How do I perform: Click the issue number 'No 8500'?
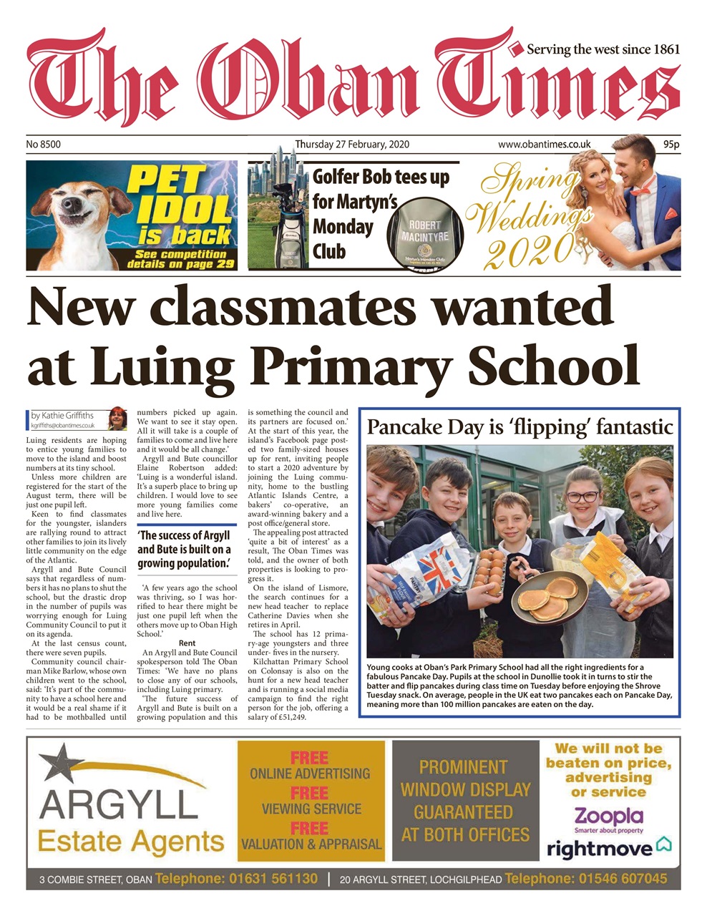pos(44,145)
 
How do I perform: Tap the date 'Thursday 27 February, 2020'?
pos(352,145)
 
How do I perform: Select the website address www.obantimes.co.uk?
pos(544,145)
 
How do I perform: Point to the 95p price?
pos(671,145)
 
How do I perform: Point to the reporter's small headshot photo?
pos(117,418)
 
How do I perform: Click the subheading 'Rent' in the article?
pos(187,643)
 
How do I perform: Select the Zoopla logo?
pos(608,816)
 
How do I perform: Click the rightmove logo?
pos(608,848)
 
